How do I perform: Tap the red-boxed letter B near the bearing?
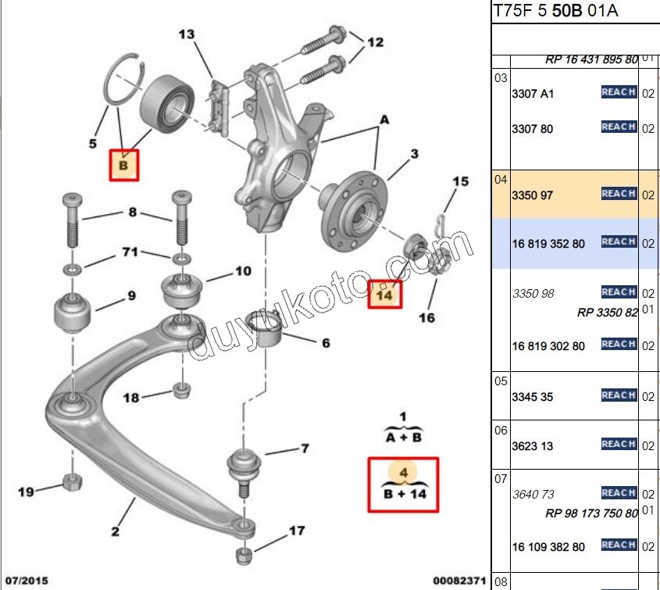[123, 166]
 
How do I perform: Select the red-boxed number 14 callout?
[384, 295]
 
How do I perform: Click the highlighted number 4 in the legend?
[404, 473]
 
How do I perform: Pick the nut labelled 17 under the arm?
[244, 556]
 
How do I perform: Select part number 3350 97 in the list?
[532, 195]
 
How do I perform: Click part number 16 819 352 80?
[548, 244]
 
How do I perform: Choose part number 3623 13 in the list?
[532, 446]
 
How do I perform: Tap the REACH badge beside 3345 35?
[619, 395]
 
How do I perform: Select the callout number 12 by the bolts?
[375, 42]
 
